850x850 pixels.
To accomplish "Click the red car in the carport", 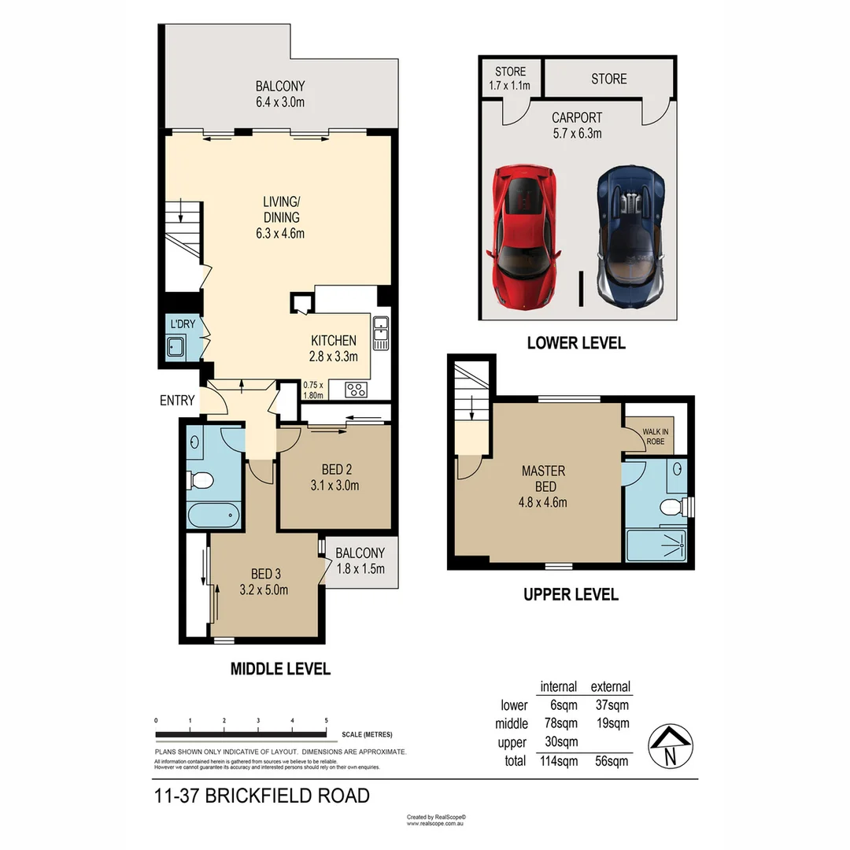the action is (x=524, y=235).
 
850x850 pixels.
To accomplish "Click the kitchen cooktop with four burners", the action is (x=355, y=389).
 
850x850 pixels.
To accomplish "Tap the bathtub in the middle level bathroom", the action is (x=213, y=516).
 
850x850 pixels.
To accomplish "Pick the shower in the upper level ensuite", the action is (x=656, y=545).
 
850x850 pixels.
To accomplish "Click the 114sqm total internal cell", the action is (x=558, y=761).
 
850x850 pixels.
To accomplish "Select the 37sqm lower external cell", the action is (x=611, y=705).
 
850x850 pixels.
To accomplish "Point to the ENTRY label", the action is (x=176, y=401).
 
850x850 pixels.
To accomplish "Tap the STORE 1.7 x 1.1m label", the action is (x=511, y=78).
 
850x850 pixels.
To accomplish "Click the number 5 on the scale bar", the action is (x=326, y=720).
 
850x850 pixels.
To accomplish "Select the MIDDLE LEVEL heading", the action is (x=280, y=669).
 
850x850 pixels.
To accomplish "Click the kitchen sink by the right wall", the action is (x=381, y=332).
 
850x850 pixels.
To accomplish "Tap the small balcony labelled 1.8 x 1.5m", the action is (x=360, y=560).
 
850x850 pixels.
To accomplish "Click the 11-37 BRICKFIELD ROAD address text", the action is (x=262, y=796).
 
